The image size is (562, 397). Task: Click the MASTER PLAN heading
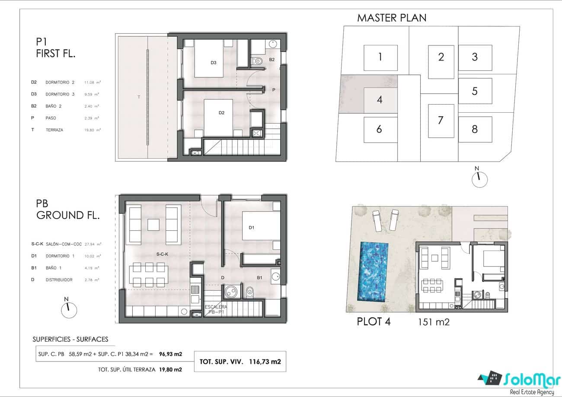391,18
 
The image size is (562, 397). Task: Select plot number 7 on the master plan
441,121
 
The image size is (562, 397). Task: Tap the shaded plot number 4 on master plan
380,100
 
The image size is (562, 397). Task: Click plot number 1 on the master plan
380,57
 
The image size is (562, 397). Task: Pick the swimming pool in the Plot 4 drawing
374,272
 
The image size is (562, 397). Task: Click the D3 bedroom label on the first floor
214,63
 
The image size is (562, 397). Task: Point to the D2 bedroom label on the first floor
221,113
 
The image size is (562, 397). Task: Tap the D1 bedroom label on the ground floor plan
251,228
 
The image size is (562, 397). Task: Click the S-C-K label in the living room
162,254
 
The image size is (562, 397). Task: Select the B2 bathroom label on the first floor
272,59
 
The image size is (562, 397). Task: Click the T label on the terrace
139,97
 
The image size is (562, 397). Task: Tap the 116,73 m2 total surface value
265,362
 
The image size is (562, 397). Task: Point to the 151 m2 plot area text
434,322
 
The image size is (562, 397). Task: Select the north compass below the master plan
479,178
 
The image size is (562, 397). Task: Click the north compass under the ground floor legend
69,308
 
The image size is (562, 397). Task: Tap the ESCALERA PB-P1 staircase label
216,308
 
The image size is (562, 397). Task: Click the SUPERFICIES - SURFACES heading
70,340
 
